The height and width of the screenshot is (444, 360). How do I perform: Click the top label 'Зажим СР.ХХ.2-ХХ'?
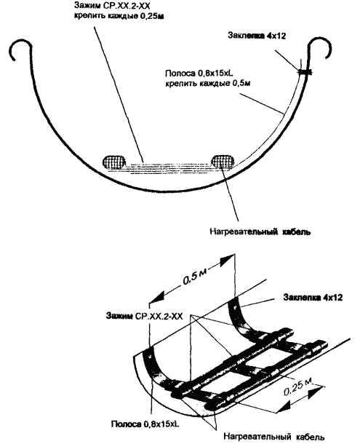111,5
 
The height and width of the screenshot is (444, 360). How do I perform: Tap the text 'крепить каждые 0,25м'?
119,16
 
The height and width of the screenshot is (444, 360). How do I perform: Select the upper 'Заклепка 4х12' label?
257,36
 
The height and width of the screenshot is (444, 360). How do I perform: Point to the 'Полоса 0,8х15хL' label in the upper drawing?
199,74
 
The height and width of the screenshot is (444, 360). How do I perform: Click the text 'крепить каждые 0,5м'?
208,84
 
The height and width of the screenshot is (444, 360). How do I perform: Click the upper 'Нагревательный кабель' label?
260,231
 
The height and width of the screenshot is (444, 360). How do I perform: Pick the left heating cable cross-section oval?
114,162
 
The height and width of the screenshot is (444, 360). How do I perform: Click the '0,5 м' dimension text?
195,277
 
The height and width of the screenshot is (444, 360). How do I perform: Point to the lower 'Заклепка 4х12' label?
313,297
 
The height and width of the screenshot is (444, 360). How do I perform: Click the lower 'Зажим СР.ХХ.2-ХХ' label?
144,316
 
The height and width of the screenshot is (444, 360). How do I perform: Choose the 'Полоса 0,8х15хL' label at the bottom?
145,424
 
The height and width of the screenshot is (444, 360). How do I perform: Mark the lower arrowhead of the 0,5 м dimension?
156,298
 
